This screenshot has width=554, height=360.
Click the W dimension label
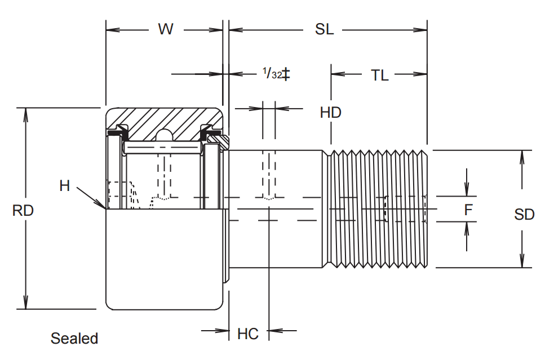(x=165, y=29)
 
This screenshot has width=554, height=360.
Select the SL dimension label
(x=324, y=29)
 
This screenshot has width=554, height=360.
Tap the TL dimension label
(x=379, y=75)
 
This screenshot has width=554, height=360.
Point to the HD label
(x=331, y=113)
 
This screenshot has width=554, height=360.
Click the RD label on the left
(x=23, y=211)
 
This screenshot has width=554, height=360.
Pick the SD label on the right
(x=524, y=215)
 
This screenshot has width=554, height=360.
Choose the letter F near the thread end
(x=468, y=210)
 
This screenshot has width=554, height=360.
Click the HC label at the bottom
(x=247, y=334)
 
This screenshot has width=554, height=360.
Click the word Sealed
(x=74, y=339)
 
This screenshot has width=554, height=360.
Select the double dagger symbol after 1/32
(x=286, y=74)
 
